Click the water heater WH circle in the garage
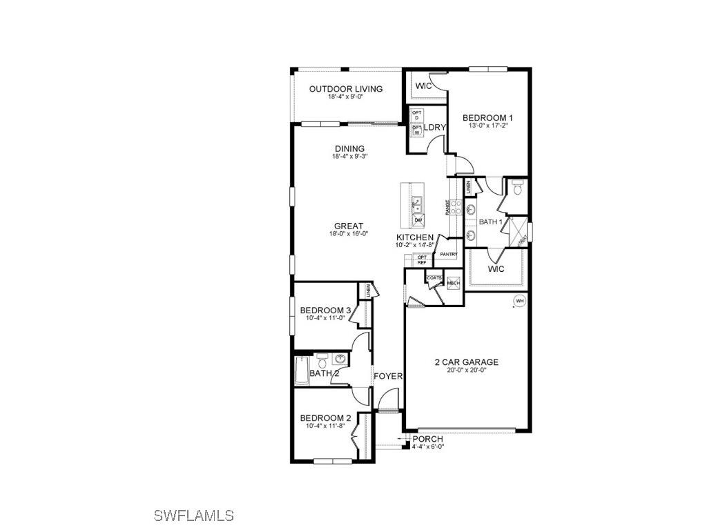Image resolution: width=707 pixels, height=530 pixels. [x=519, y=301]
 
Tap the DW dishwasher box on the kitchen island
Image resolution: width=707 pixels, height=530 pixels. [x=418, y=221]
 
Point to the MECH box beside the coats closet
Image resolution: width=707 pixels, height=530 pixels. [x=453, y=283]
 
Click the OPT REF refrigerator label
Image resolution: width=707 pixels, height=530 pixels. [x=422, y=259]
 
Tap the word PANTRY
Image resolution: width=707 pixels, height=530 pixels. [x=449, y=254]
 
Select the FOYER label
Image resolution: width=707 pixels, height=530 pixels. [x=388, y=376]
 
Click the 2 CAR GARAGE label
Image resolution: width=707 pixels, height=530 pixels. [x=466, y=362]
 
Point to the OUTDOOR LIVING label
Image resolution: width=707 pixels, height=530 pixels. [x=346, y=89]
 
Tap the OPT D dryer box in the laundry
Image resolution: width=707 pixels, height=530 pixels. [x=416, y=115]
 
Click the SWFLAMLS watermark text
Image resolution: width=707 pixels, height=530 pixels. [x=194, y=515]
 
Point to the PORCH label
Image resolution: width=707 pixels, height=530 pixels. [x=427, y=439]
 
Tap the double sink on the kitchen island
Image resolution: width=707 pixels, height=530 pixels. [x=417, y=204]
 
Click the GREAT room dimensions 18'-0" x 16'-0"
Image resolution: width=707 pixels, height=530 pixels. [x=349, y=234]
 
